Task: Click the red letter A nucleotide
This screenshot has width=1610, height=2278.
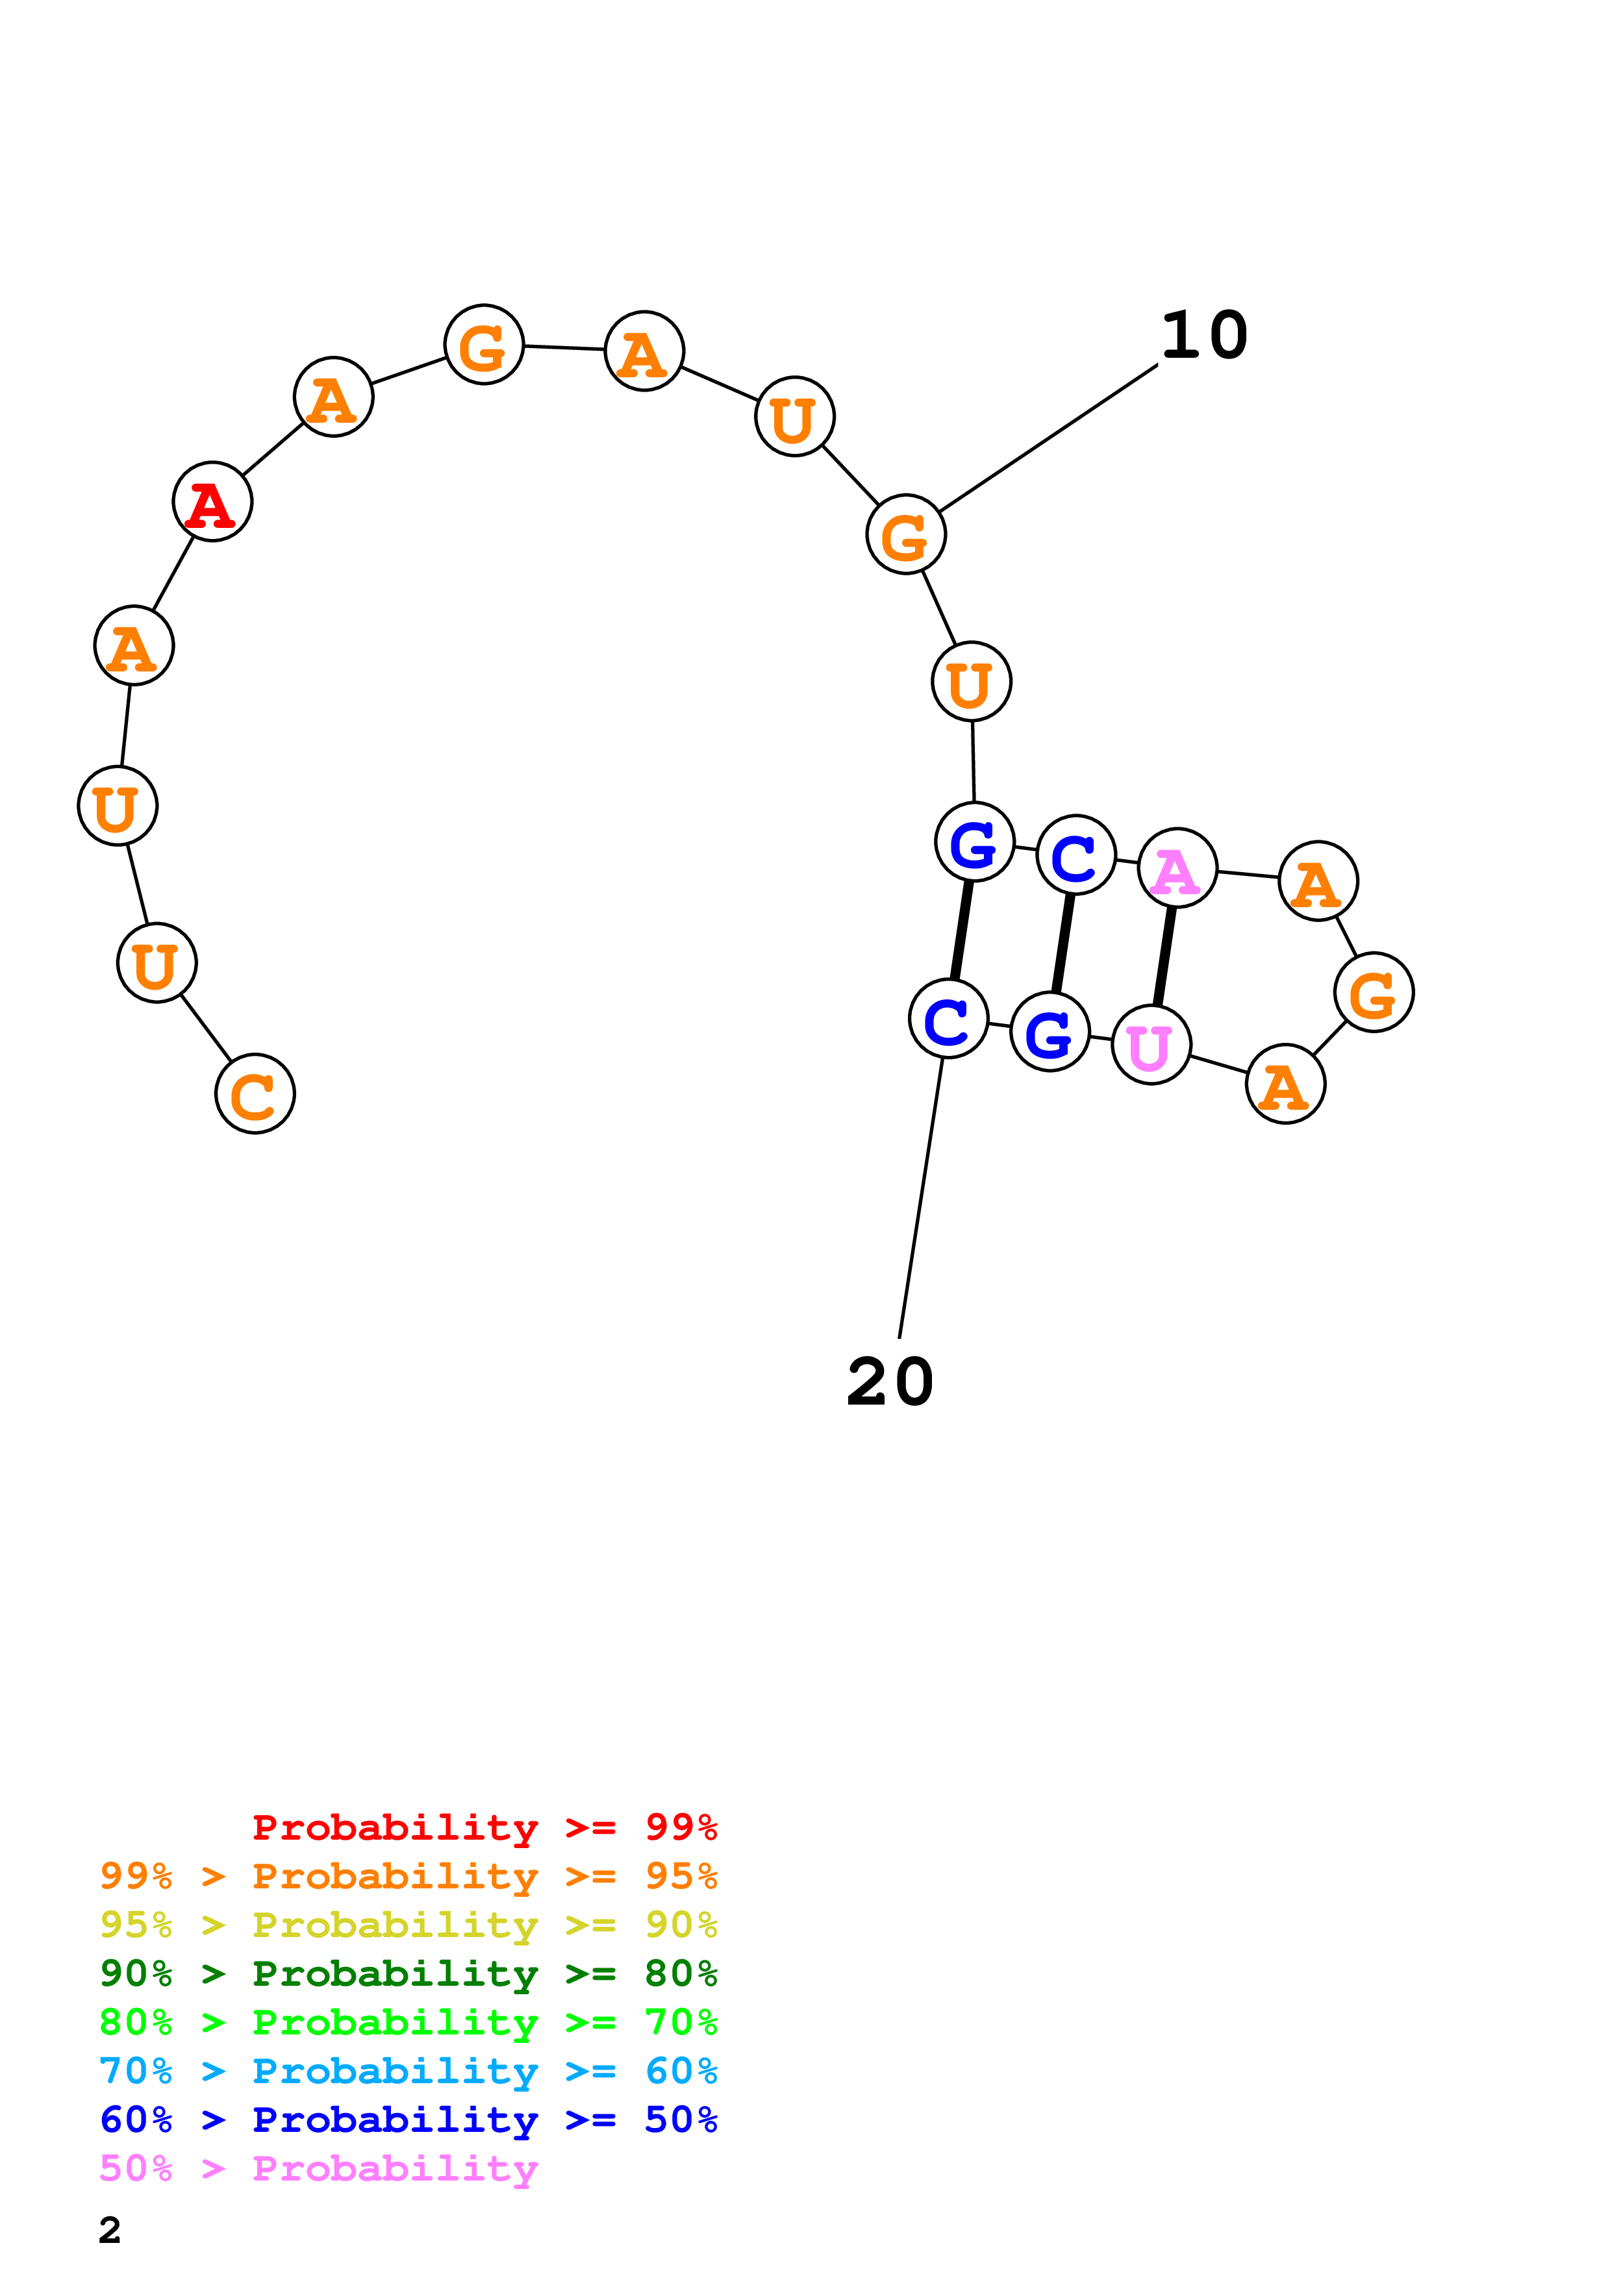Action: pos(212,502)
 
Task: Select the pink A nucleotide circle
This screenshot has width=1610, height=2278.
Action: pos(1177,868)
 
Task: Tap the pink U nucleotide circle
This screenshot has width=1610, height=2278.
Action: pos(1151,1045)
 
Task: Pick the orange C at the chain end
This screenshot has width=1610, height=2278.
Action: pos(255,1094)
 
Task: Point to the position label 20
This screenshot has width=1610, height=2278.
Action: pos(890,1382)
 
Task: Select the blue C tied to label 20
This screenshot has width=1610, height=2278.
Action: pos(948,1019)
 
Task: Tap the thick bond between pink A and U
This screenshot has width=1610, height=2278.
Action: pos(1164,957)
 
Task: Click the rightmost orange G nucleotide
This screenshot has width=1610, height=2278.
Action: pos(1373,992)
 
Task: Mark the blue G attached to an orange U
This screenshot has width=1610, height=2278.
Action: pos(974,842)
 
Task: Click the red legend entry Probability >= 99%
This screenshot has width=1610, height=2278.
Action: pos(484,1827)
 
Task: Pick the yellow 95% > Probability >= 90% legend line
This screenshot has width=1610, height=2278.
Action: pos(408,1924)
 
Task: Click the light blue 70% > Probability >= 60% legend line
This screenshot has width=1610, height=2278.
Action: pos(408,2071)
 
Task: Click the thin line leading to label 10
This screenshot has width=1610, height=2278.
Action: pos(1048,438)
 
